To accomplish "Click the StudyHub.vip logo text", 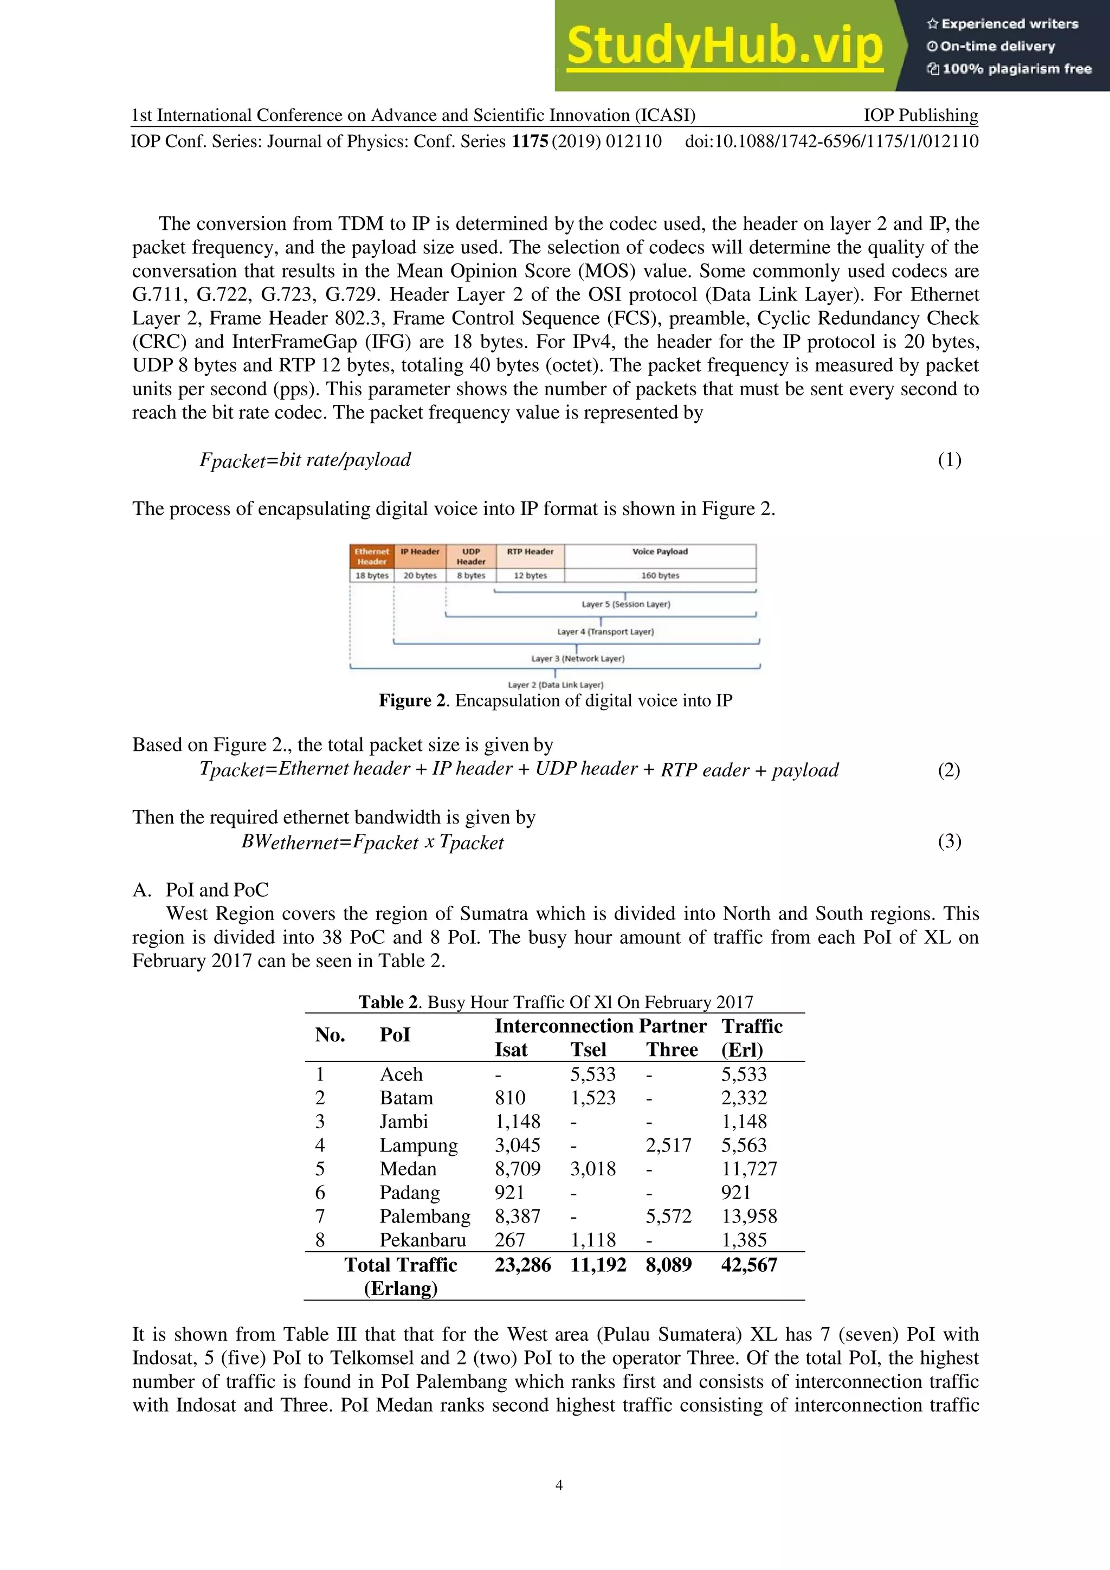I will tap(725, 47).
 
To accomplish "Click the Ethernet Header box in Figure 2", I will tap(371, 556).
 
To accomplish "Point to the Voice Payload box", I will tap(660, 551).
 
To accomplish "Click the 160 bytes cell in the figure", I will tap(660, 575).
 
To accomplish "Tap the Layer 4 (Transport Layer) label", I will tap(605, 632).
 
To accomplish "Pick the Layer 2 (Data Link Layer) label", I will tap(555, 685).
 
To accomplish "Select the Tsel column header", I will tap(588, 1050).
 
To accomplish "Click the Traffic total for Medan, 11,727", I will tap(749, 1169).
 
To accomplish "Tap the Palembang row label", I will tap(424, 1217).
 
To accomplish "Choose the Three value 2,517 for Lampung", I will tap(668, 1146).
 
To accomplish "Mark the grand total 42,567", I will tap(749, 1265).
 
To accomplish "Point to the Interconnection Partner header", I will tap(600, 1026).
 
